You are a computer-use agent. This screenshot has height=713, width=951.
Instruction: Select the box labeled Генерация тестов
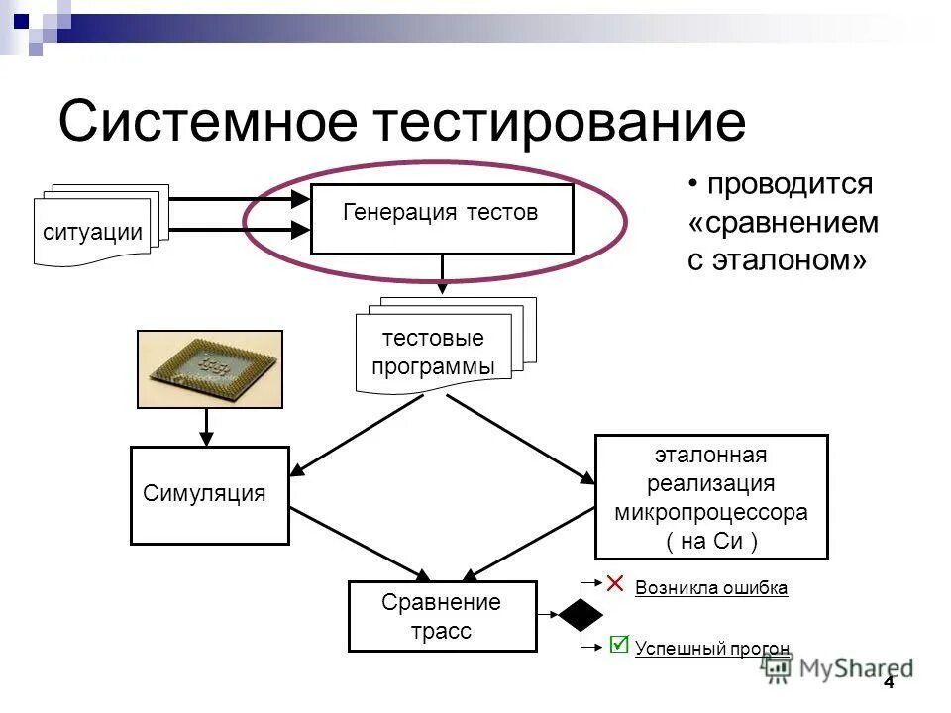442,219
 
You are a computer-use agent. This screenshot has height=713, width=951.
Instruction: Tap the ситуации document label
92,233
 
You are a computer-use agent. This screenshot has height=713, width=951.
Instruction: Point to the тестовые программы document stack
434,354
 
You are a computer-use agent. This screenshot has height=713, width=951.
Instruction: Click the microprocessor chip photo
209,368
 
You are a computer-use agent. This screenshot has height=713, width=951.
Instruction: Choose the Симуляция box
209,495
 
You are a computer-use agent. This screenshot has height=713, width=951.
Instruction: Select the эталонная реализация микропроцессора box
710,497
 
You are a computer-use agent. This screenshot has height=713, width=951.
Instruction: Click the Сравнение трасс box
442,616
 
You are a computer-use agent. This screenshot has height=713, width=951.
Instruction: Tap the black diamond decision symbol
580,615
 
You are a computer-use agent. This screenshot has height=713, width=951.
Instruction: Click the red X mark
615,583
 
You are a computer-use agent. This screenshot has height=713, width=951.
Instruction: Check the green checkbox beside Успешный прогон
619,645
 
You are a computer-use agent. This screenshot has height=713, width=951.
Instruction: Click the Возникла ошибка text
711,588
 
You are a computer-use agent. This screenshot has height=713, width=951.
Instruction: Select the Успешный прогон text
712,650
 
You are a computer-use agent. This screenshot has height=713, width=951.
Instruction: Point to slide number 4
888,683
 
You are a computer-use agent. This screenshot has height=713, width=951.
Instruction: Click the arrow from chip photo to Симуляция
207,427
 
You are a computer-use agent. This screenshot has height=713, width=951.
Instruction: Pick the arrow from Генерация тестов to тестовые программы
442,274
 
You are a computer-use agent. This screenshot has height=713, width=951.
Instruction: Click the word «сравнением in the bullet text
783,223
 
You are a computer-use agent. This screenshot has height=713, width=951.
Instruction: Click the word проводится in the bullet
790,184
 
